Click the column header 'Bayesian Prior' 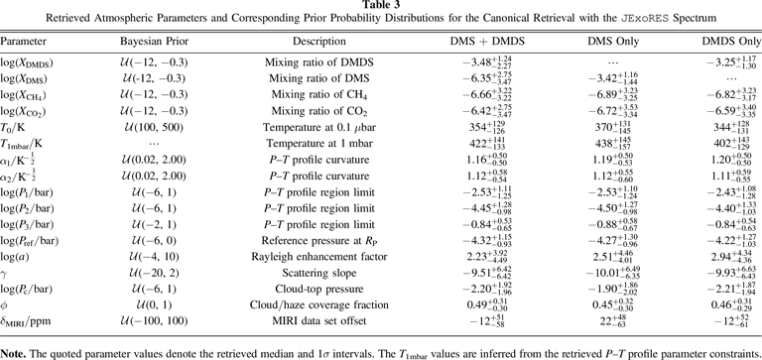pos(154,42)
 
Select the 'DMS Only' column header pos(613,42)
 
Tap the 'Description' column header pos(319,42)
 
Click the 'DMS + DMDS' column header pos(488,42)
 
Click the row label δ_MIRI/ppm pos(25,321)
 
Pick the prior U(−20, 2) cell pos(154,273)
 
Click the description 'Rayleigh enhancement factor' pos(319,257)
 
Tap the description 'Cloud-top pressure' pos(319,289)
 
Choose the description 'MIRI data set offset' pos(319,321)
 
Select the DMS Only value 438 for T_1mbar pos(613,144)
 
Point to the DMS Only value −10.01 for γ pos(613,273)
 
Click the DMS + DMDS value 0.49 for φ pos(488,305)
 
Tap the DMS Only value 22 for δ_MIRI pos(613,321)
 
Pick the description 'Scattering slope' pos(319,273)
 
